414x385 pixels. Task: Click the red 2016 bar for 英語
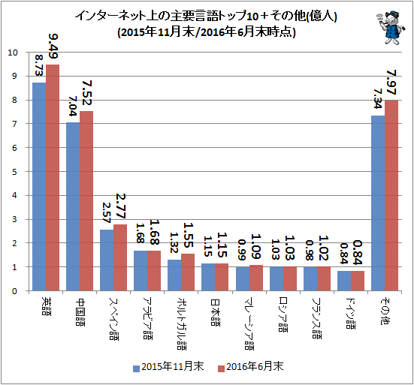pyautogui.click(x=53, y=177)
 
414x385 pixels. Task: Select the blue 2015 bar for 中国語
pyautogui.click(x=73, y=206)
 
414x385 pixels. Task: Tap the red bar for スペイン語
pyautogui.click(x=120, y=257)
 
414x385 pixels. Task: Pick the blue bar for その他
pyautogui.click(x=378, y=203)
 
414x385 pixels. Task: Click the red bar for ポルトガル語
pyautogui.click(x=188, y=272)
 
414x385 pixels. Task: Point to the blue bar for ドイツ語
pyautogui.click(x=344, y=281)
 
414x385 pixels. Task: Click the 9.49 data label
pyautogui.click(x=53, y=47)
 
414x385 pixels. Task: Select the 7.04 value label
pyautogui.click(x=72, y=107)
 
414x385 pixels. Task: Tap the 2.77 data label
pyautogui.click(x=121, y=206)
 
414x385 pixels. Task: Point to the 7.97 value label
pyautogui.click(x=391, y=83)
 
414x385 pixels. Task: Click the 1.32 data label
pyautogui.click(x=174, y=242)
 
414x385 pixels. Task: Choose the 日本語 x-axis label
pyautogui.click(x=215, y=313)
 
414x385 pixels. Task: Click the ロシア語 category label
pyautogui.click(x=283, y=315)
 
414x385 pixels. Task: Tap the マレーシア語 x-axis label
pyautogui.click(x=249, y=323)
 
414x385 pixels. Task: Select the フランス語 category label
pyautogui.click(x=316, y=318)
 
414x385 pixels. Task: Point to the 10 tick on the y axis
pyautogui.click(x=12, y=53)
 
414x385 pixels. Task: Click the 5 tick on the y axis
pyautogui.click(x=14, y=172)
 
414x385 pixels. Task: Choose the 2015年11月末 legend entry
pyautogui.click(x=168, y=367)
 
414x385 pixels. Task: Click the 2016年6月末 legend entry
pyautogui.click(x=250, y=367)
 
